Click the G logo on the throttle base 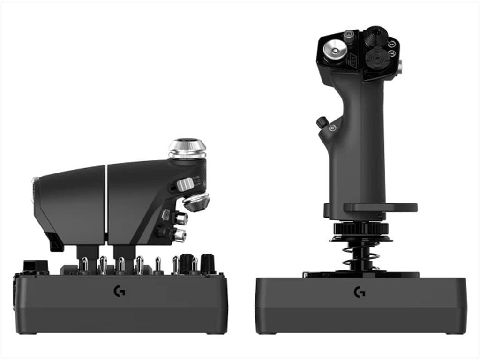[x=120, y=292]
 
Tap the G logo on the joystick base [x=360, y=292]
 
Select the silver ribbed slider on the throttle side [x=186, y=184]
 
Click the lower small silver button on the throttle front [x=179, y=235]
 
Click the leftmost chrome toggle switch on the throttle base [x=84, y=265]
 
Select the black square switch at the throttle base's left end [x=29, y=266]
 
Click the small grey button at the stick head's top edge [x=349, y=35]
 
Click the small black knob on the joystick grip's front [x=322, y=122]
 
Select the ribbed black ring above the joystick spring [x=361, y=229]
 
